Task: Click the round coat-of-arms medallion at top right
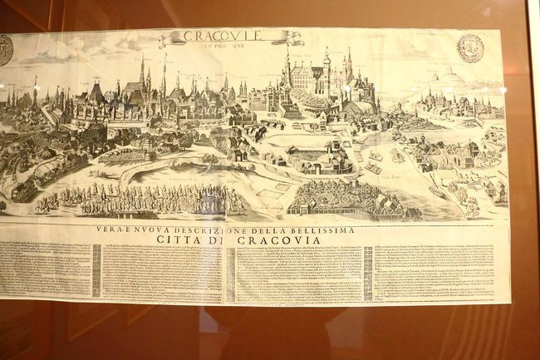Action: pos(471,47)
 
